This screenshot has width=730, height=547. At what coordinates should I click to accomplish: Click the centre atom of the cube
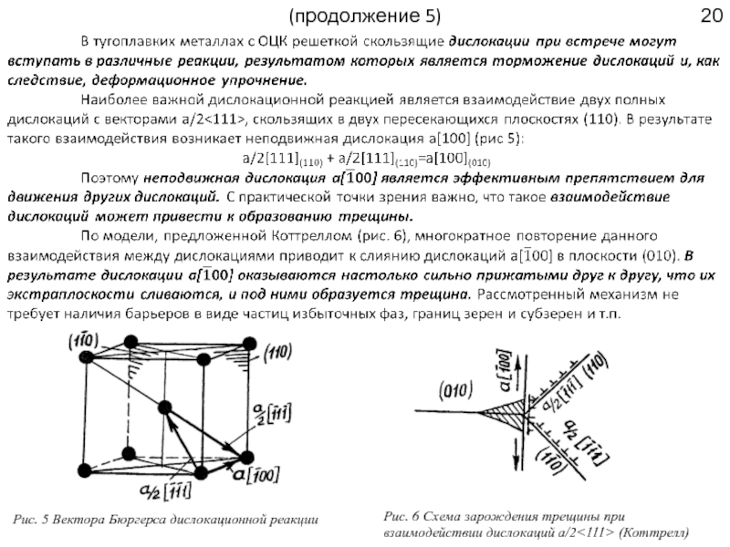[166, 408]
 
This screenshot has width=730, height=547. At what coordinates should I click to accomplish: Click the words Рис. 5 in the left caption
[33, 520]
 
